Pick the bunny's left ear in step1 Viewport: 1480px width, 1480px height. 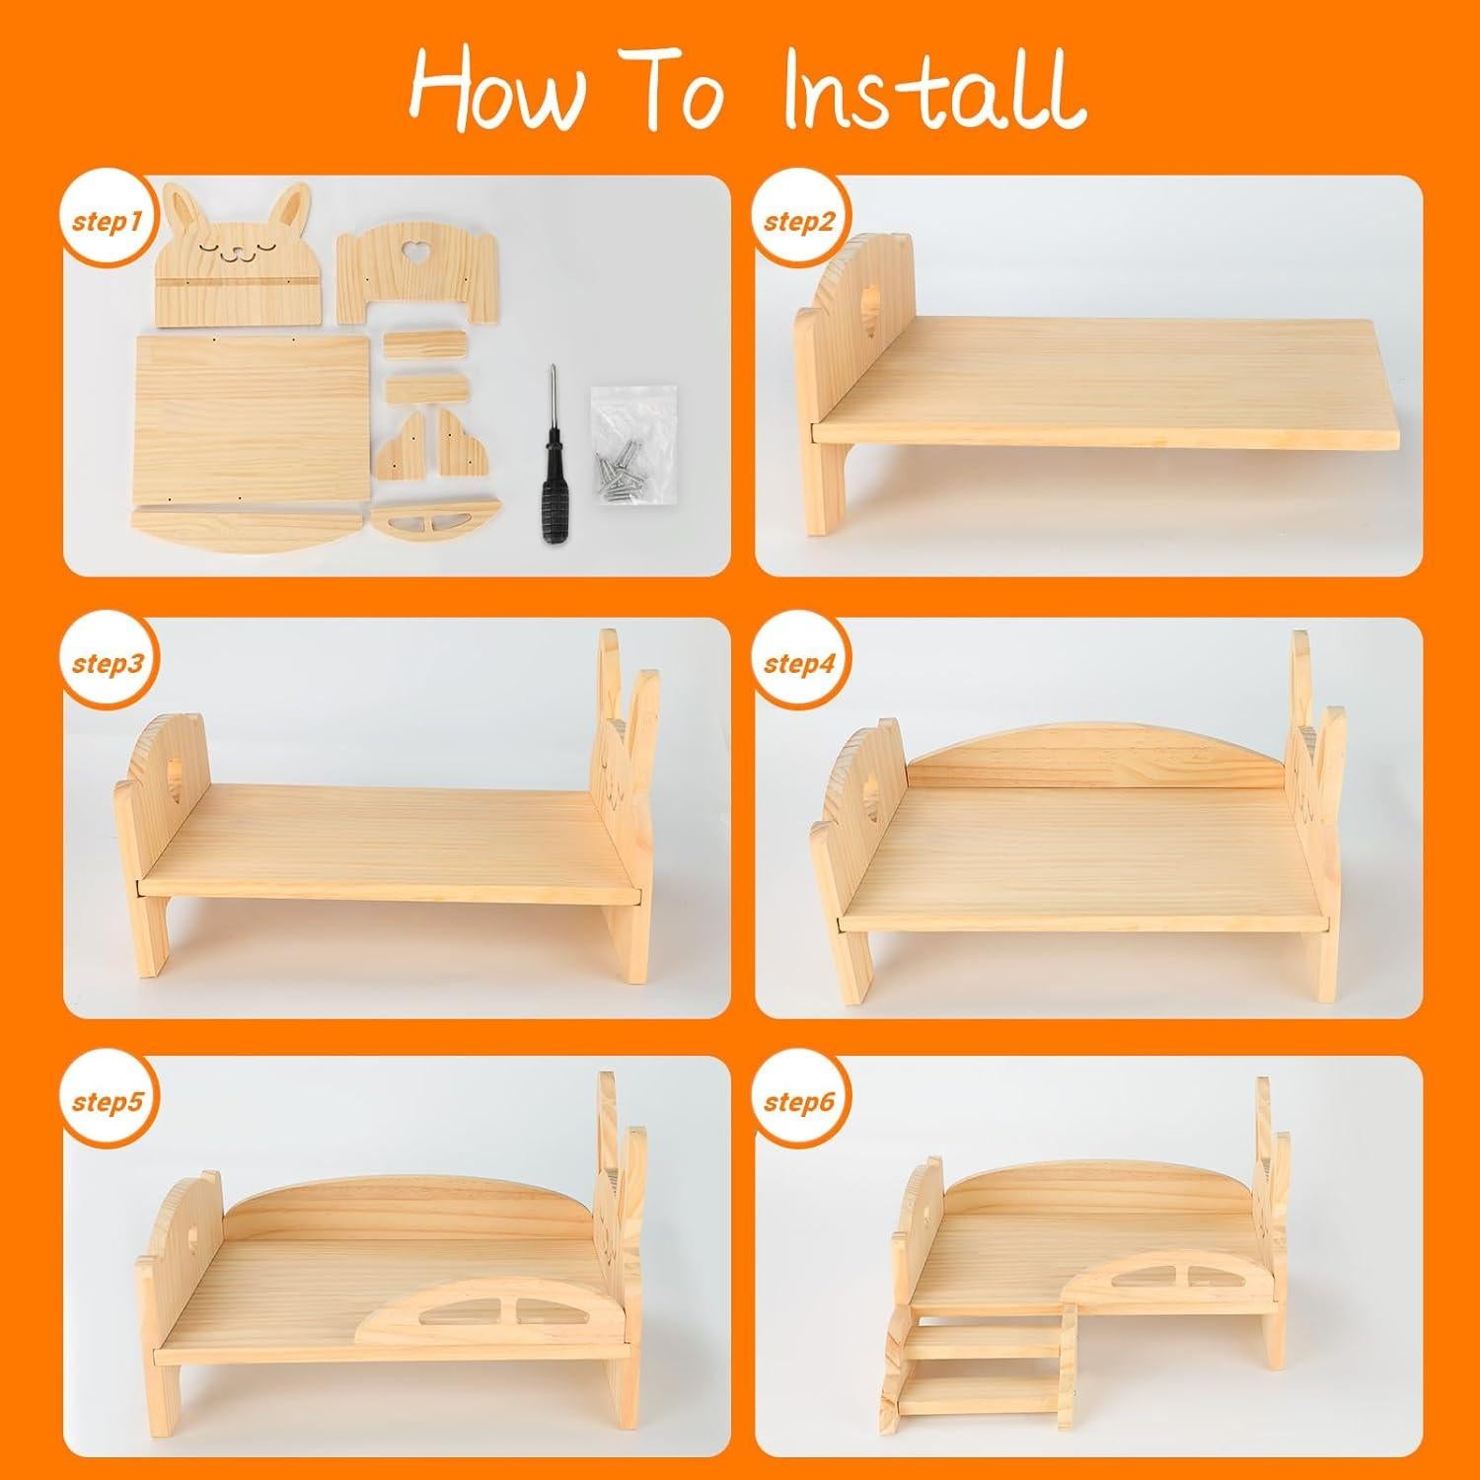tap(184, 208)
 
